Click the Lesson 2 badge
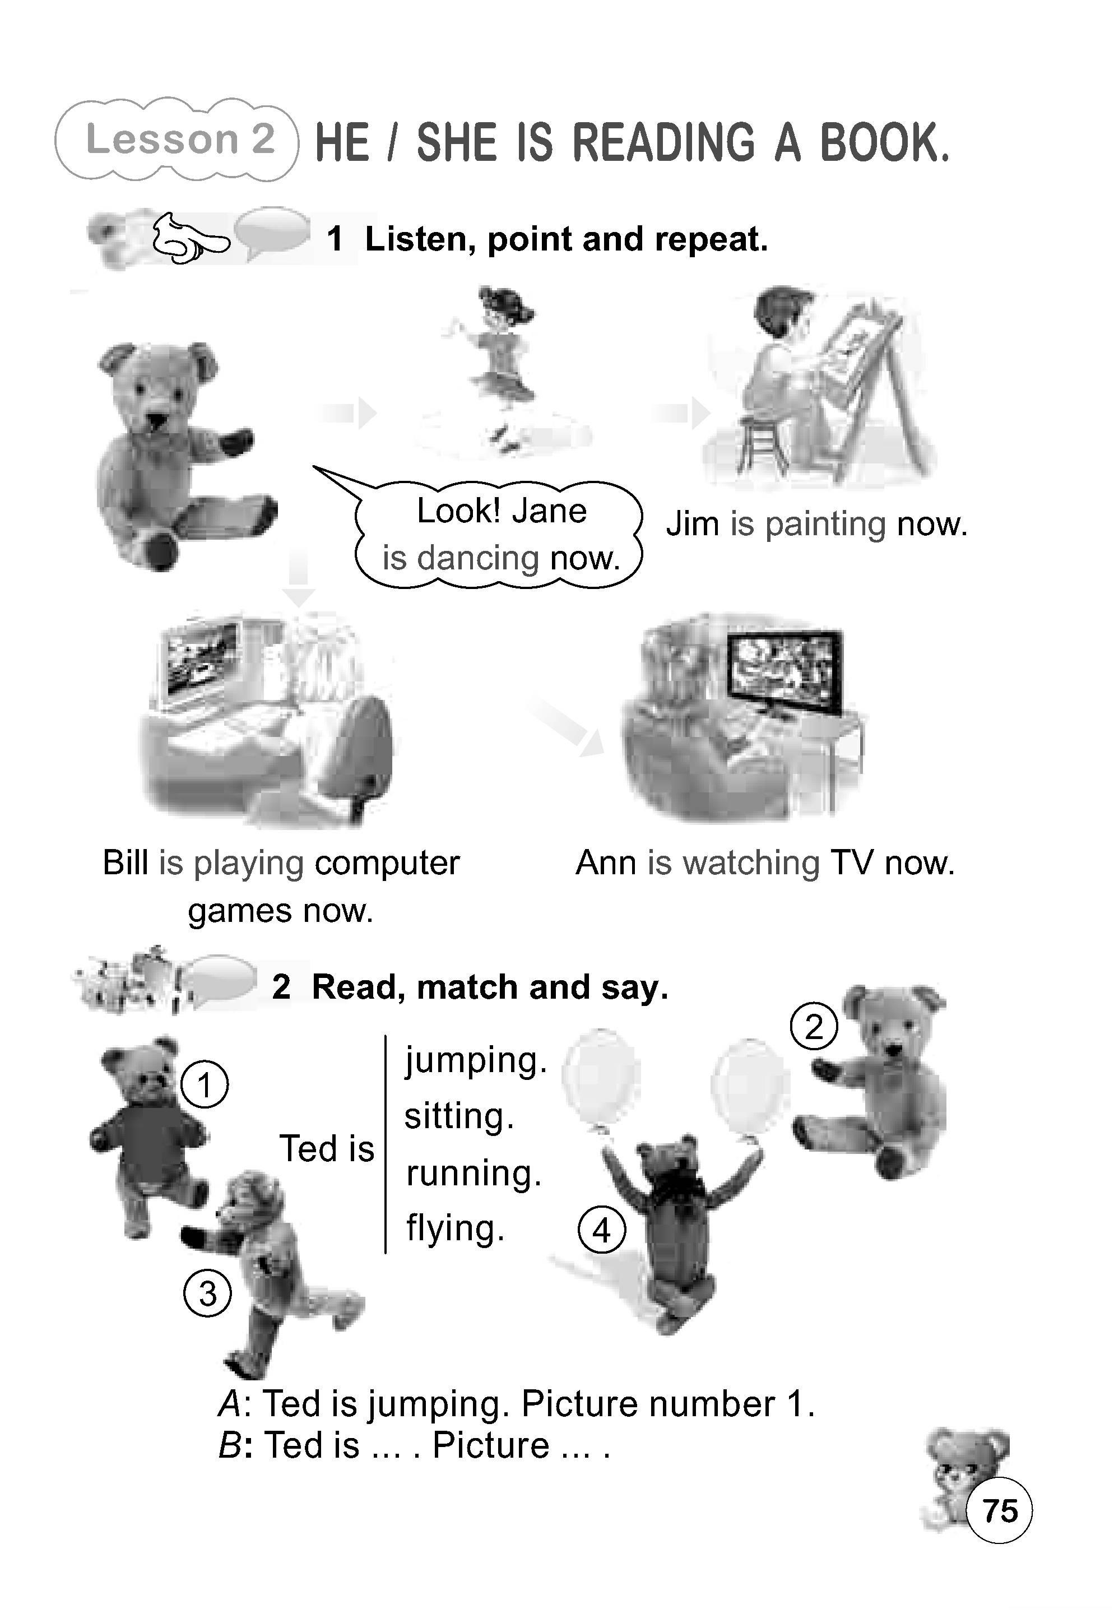pyautogui.click(x=177, y=140)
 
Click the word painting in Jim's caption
pyautogui.click(x=825, y=524)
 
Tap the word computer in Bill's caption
pyautogui.click(x=387, y=863)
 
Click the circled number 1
pyautogui.click(x=204, y=1085)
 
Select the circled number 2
pyautogui.click(x=814, y=1027)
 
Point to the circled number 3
pyautogui.click(x=207, y=1293)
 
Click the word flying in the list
pyautogui.click(x=454, y=1228)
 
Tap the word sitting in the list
pyautogui.click(x=459, y=1116)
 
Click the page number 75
pyautogui.click(x=1000, y=1510)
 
